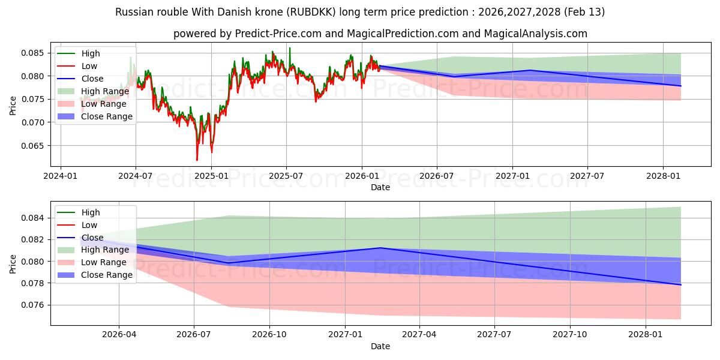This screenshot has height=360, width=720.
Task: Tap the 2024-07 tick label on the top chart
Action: tap(136, 176)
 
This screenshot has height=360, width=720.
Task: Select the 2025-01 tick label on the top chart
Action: tap(211, 176)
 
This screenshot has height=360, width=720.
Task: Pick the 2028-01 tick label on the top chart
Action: tap(662, 176)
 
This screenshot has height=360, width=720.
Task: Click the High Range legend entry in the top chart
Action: tap(104, 91)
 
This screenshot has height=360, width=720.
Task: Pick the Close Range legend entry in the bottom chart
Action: tap(106, 275)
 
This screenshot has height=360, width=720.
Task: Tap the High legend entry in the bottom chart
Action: tap(90, 212)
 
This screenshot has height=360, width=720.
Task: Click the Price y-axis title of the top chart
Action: tap(13, 106)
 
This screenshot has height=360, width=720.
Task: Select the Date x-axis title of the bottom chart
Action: tap(380, 346)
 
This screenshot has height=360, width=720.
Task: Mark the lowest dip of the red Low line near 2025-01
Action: tap(197, 160)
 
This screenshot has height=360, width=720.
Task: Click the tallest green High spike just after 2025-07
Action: tap(290, 48)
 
